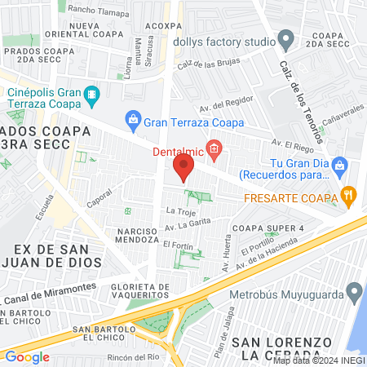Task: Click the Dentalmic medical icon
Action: coord(214,149)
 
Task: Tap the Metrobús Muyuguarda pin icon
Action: coord(354,291)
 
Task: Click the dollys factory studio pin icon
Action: coord(285,38)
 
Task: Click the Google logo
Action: coord(27,356)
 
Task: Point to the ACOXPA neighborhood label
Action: coord(167,25)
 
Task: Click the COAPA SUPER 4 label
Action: coord(268,228)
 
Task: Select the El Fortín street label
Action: coord(177,244)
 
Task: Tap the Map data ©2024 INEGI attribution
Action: coord(320,360)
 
